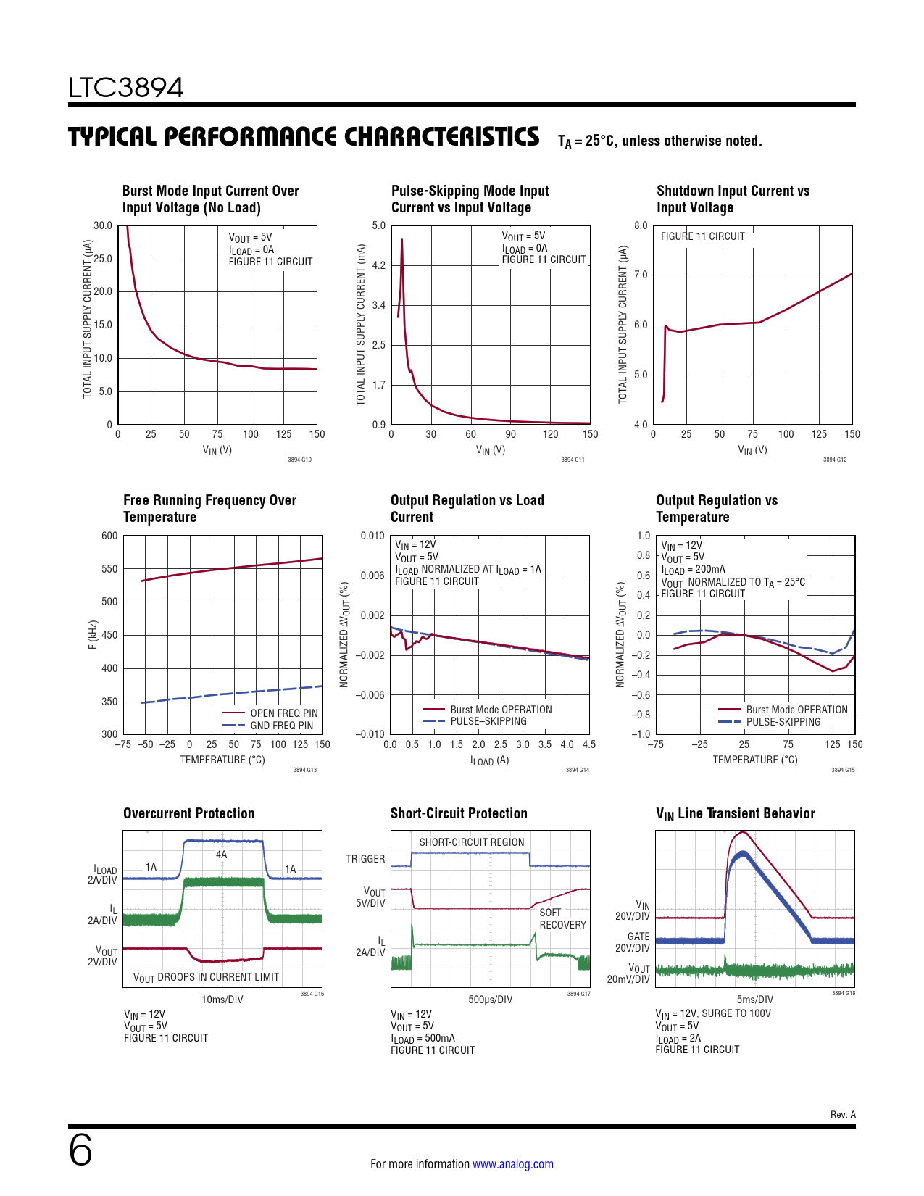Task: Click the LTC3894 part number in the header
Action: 126,88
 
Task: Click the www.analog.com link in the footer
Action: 512,1164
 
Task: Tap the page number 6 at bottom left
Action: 80,1150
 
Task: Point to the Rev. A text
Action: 843,1114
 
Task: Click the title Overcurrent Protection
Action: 188,813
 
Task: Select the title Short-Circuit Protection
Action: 459,813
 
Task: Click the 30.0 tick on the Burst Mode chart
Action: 103,225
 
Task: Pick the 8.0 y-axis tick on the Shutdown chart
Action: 641,225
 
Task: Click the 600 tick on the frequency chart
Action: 109,536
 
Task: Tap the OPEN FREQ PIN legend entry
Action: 283,713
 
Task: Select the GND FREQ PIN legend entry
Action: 281,726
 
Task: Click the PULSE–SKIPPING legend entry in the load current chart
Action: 488,721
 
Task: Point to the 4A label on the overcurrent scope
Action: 222,855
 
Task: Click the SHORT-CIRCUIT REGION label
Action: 471,842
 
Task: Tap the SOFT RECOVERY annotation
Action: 562,918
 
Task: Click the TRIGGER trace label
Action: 365,859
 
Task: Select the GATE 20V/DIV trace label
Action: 633,942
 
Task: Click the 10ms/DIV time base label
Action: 222,1000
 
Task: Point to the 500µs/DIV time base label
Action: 490,1000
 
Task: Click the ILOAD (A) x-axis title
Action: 489,760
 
